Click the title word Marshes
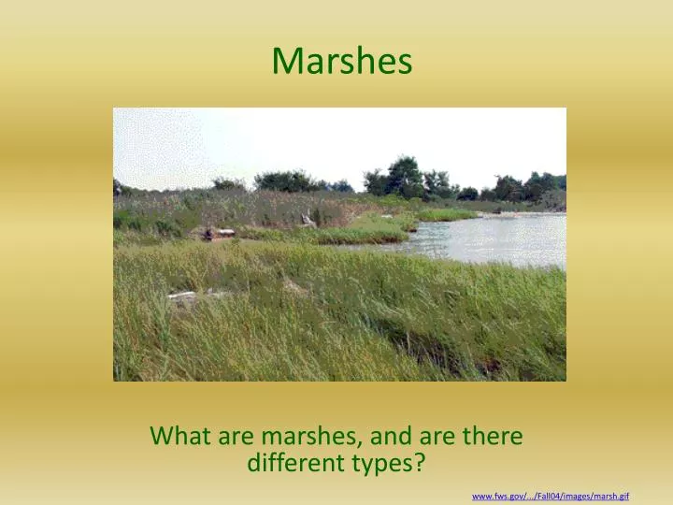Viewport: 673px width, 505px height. [341, 61]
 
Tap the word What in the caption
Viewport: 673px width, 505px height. [179, 436]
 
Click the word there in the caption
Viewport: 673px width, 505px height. [491, 436]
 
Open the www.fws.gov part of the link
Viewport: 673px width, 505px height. [497, 495]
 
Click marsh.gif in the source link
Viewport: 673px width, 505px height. [609, 495]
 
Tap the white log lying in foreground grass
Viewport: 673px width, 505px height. [183, 296]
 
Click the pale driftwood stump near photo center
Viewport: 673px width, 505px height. [307, 221]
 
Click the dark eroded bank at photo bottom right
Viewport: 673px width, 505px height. [486, 360]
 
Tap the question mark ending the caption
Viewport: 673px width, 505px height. [420, 462]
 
